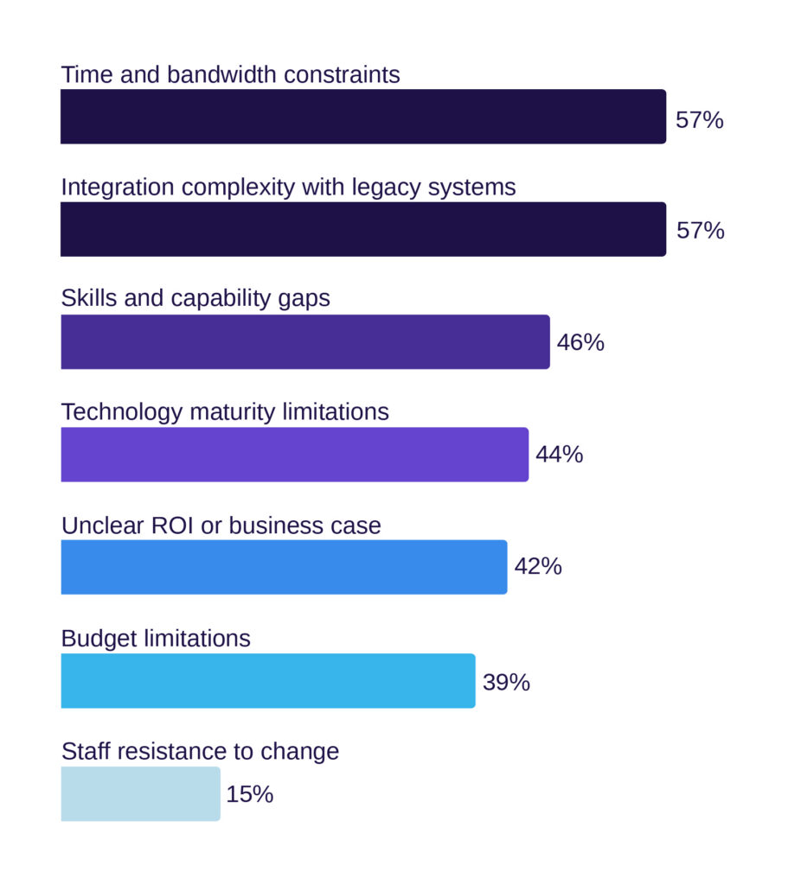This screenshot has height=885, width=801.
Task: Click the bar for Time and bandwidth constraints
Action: click(x=363, y=117)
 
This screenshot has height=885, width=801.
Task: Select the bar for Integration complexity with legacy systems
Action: click(x=363, y=229)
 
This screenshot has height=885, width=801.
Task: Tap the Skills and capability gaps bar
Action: click(x=304, y=342)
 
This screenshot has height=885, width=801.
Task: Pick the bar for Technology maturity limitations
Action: click(x=294, y=455)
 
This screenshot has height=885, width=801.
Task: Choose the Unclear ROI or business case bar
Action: click(x=284, y=567)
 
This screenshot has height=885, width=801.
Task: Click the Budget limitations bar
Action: click(x=267, y=681)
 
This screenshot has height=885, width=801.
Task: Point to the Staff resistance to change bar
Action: click(x=140, y=793)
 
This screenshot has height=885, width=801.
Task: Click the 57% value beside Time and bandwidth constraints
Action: click(x=699, y=120)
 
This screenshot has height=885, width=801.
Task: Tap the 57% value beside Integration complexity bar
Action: click(x=700, y=232)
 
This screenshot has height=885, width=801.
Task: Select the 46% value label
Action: click(x=580, y=343)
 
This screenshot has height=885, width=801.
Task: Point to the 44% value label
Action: click(x=559, y=455)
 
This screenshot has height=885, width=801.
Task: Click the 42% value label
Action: click(x=538, y=567)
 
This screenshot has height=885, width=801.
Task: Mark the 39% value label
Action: click(x=506, y=683)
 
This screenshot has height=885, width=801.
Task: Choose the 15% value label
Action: click(x=250, y=794)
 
